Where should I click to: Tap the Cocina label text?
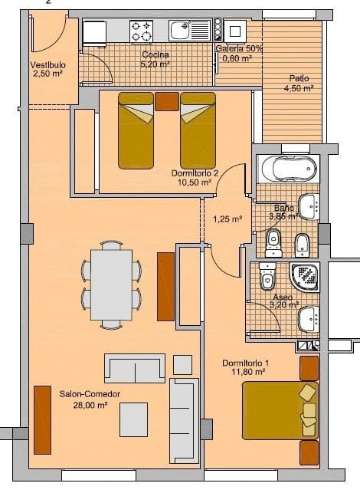click(155, 55)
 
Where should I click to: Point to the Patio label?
click(299, 79)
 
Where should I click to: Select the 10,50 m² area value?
click(195, 183)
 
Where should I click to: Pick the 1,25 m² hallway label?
click(227, 219)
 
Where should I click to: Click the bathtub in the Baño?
click(286, 166)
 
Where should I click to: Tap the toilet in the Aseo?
click(267, 274)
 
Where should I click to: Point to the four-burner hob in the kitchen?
click(141, 31)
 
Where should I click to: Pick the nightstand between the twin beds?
click(166, 102)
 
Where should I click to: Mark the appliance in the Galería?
click(234, 31)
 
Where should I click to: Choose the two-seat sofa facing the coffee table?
click(135, 369)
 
